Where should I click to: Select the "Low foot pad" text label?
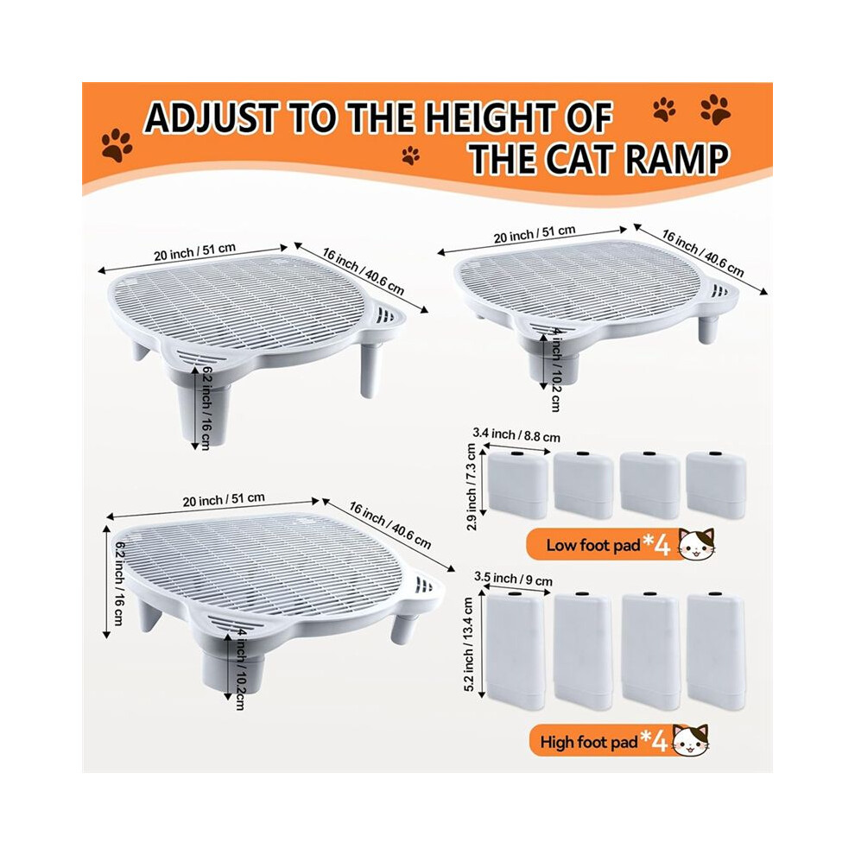[592, 545]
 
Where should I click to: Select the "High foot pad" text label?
[589, 742]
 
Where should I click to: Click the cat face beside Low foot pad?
[696, 544]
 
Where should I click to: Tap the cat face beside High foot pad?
[691, 740]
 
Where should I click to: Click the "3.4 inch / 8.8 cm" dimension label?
[516, 434]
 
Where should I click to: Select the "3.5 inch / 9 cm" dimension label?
[513, 579]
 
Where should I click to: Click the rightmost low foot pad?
[716, 484]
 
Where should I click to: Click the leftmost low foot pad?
[518, 484]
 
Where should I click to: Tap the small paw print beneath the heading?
[411, 155]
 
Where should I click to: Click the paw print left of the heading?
[116, 145]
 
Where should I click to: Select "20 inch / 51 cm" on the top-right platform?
[535, 234]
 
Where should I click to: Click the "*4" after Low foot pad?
[656, 542]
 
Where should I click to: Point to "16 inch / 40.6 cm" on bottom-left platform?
[389, 526]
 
